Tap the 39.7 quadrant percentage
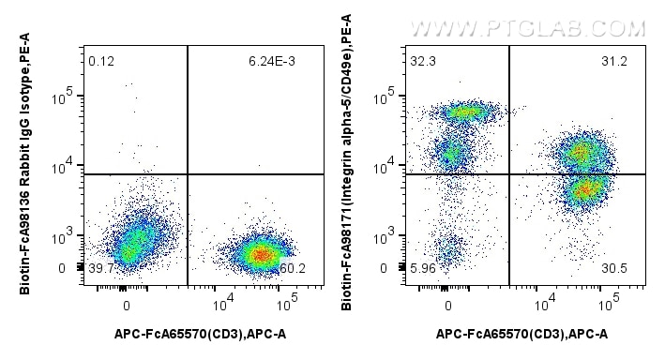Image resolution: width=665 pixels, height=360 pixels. click(100, 269)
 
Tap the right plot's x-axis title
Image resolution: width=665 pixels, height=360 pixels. click(521, 334)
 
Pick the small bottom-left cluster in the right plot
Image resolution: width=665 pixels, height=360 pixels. click(449, 248)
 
